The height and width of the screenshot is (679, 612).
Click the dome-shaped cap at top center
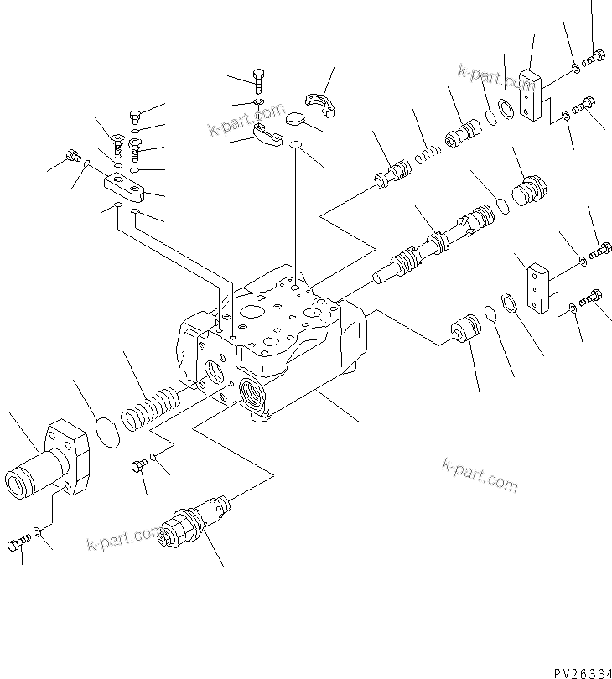(x=294, y=119)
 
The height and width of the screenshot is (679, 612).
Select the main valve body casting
(x=268, y=344)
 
